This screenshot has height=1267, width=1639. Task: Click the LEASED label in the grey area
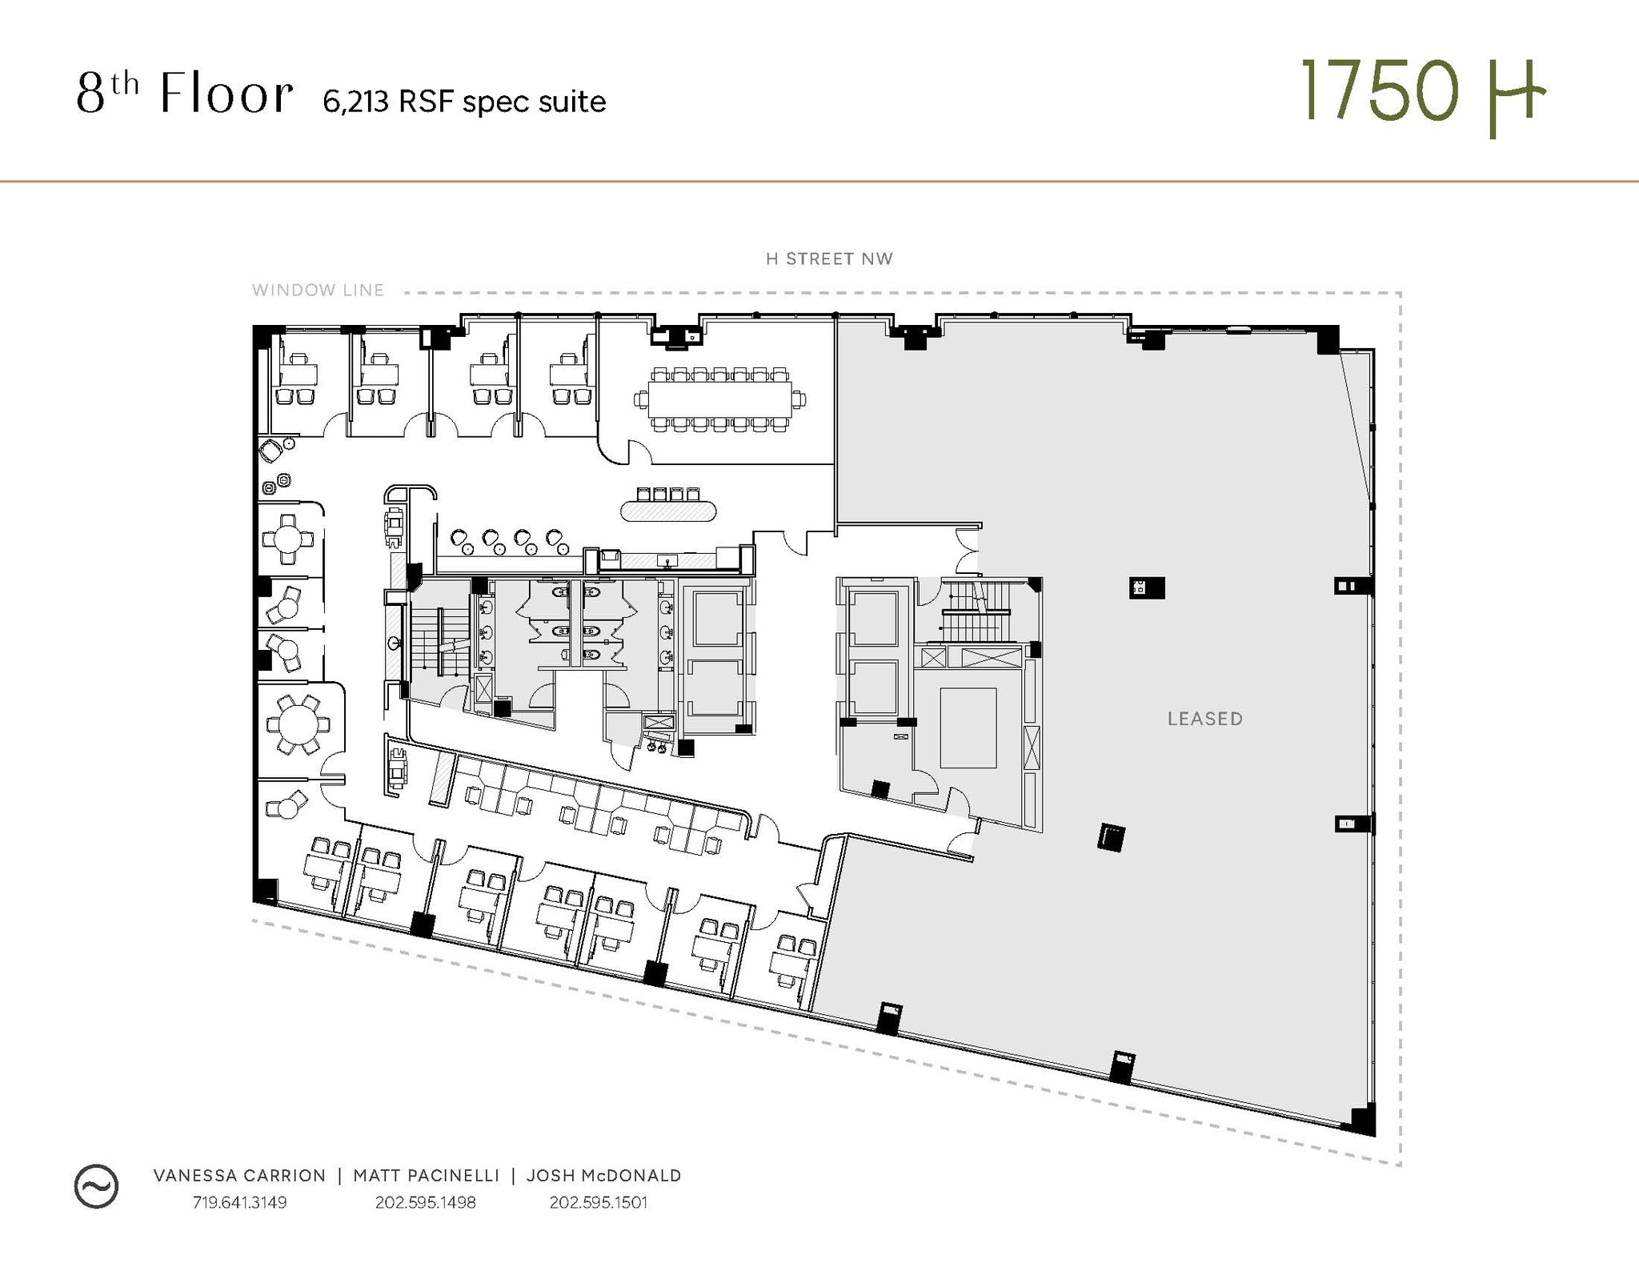coord(1204,719)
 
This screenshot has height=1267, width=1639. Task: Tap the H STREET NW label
coord(829,259)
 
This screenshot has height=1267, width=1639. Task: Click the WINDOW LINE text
coord(318,290)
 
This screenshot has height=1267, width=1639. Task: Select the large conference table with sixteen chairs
coord(719,399)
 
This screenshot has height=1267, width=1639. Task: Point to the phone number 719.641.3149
coord(239,1202)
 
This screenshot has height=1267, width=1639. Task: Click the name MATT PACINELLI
coord(426,1175)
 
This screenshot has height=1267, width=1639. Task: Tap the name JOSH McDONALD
coord(603,1175)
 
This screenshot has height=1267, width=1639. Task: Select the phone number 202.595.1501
coord(598,1202)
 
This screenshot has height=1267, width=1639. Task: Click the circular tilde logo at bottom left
coord(96,1186)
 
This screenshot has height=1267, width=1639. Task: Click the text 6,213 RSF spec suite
coord(464,102)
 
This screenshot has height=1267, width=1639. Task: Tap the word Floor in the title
coord(226,94)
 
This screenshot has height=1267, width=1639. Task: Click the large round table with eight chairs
coord(298,724)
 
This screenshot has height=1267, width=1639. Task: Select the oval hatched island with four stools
coord(668,511)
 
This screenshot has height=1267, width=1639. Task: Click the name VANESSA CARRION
coord(239,1175)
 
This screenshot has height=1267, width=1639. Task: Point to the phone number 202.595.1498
coord(426,1202)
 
